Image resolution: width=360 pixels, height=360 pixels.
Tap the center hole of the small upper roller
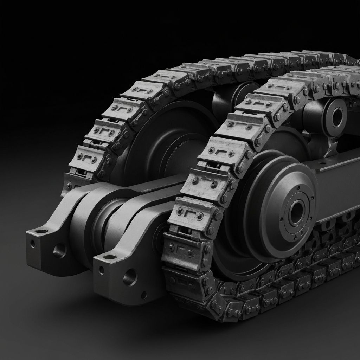tap(336, 117)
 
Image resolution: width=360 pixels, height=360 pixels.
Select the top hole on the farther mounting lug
tap(41, 231)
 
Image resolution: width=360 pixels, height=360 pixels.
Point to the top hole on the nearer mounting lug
tap(110, 257)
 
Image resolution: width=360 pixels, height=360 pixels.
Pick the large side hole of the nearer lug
tap(130, 277)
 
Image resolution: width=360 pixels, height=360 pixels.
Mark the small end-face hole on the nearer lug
tap(101, 270)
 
